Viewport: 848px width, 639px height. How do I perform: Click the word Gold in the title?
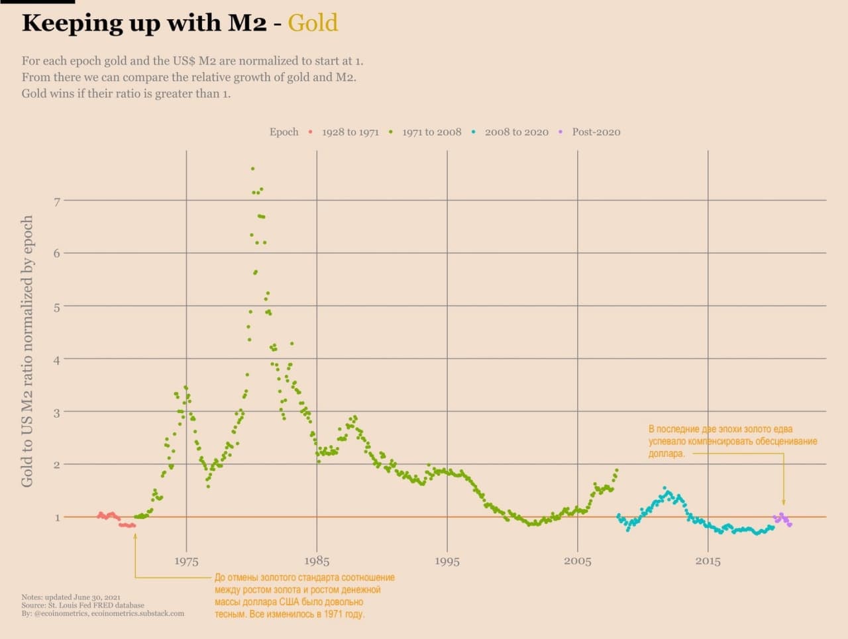[313, 23]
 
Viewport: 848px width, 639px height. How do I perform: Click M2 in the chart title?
[247, 23]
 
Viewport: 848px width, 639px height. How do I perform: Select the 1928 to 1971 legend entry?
[350, 132]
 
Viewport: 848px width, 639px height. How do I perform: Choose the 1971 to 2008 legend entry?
[431, 132]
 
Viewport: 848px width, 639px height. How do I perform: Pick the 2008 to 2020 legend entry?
[516, 132]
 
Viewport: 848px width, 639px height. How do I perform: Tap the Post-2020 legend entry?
[596, 132]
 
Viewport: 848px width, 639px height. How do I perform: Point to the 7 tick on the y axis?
[57, 201]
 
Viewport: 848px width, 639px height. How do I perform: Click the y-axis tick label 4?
[57, 360]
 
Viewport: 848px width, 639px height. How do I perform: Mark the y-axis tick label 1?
[58, 517]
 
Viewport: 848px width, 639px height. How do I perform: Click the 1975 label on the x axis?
[186, 562]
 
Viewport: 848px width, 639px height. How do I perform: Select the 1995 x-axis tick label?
[447, 562]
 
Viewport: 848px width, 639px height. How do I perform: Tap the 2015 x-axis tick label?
[708, 562]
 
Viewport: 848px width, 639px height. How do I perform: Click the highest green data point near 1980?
[252, 169]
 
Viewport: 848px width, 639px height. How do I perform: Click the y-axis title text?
[27, 351]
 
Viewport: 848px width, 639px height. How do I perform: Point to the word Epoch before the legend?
[284, 132]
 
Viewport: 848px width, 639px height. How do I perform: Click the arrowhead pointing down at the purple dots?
[784, 503]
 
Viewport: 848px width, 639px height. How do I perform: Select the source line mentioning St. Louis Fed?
[83, 605]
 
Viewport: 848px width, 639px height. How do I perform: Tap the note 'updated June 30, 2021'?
[71, 597]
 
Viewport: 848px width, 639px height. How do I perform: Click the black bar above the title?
[37, 2]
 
